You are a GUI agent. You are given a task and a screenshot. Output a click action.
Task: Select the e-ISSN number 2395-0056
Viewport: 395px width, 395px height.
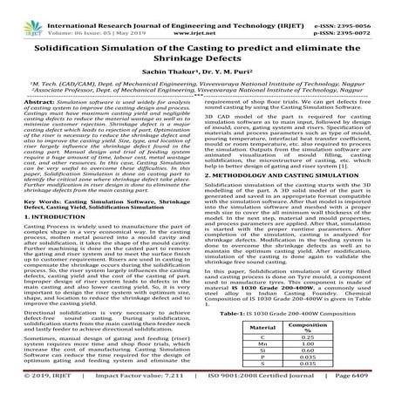coord(355,9)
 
